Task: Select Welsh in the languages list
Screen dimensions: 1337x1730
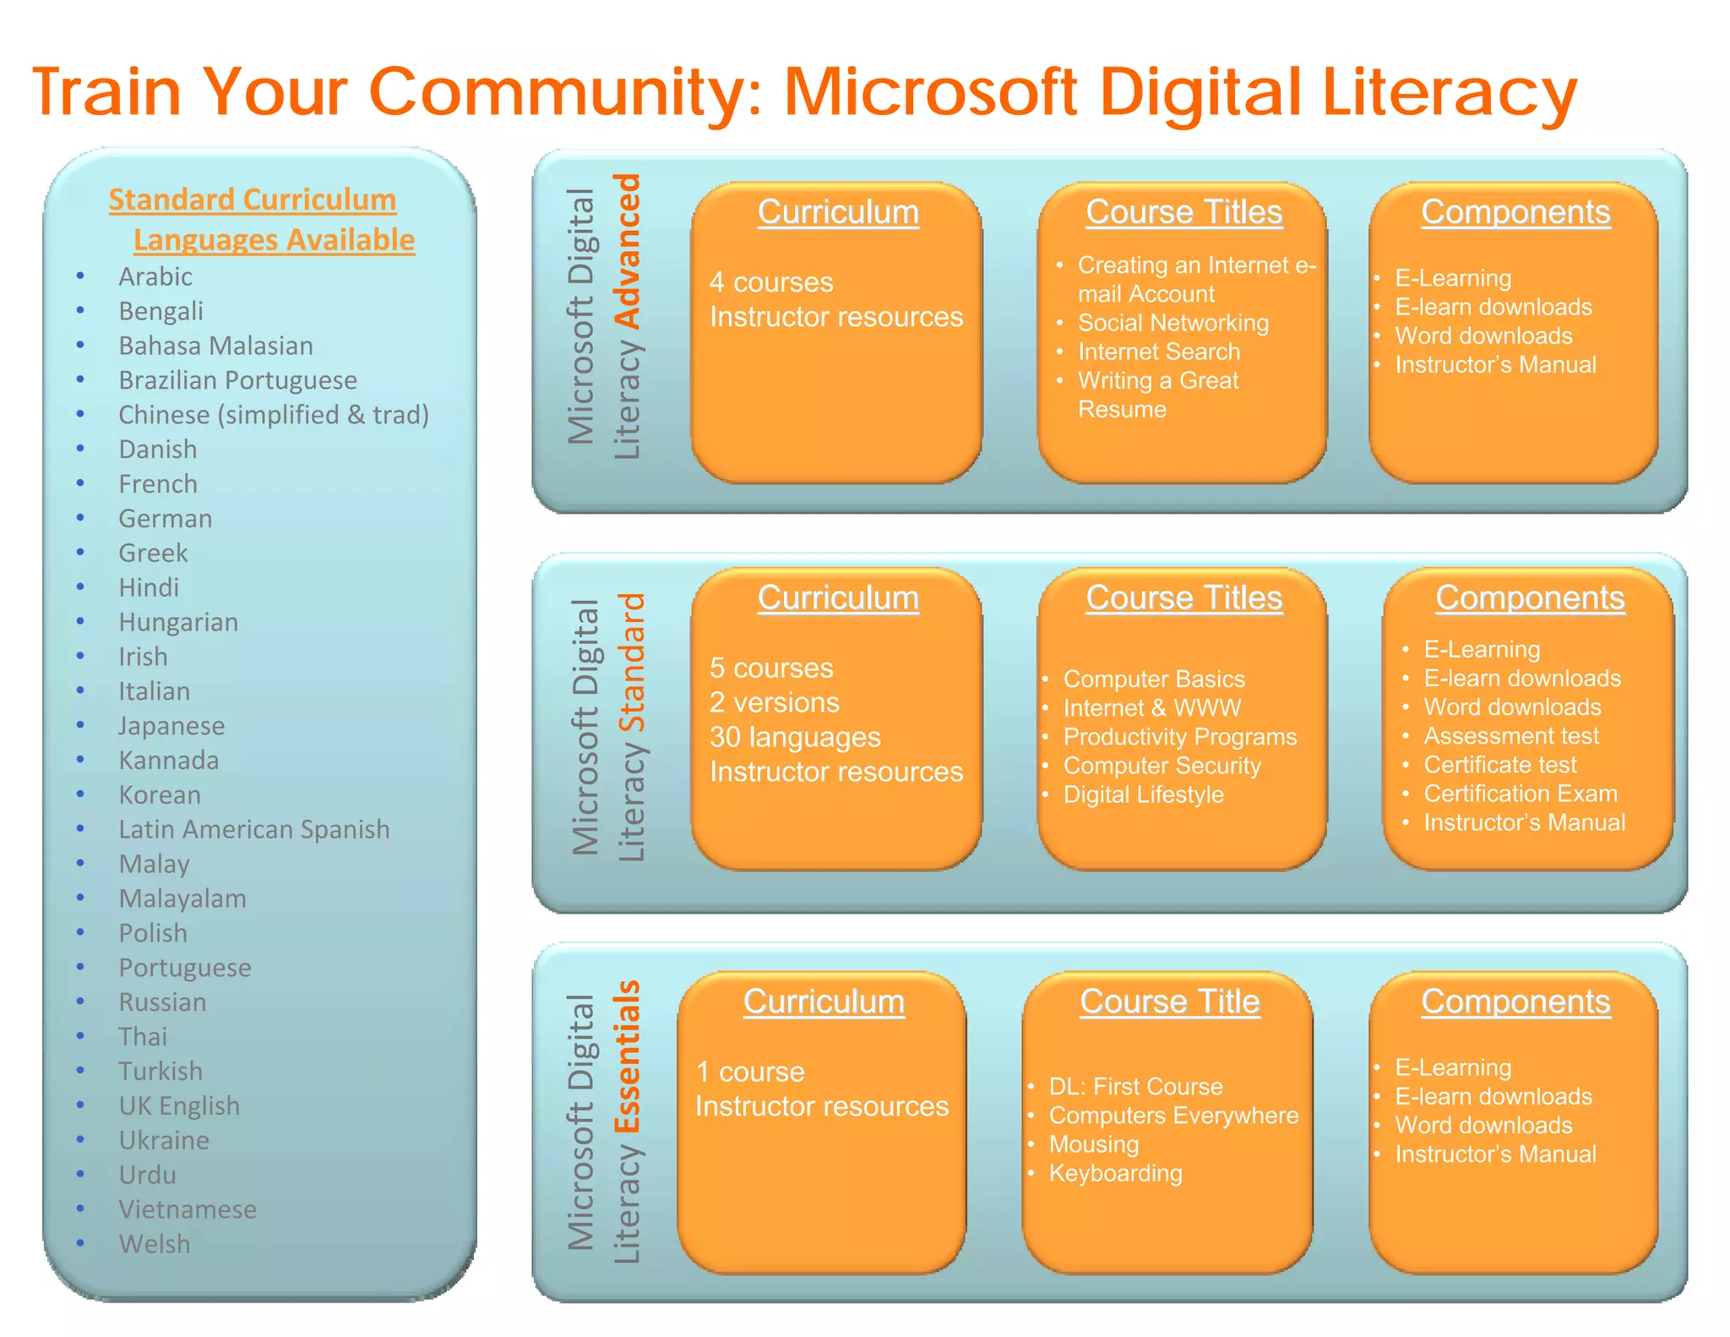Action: [x=155, y=1244]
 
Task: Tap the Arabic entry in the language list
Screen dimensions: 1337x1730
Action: [x=155, y=276]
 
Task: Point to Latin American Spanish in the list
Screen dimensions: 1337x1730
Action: [x=253, y=829]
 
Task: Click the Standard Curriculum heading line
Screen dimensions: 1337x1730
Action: [x=253, y=199]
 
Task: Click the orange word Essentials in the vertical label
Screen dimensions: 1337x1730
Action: [x=628, y=1056]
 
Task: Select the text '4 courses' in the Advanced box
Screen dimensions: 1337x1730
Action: [x=771, y=281]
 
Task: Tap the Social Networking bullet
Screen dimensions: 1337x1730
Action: [x=1172, y=323]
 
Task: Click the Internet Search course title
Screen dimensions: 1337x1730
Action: [x=1159, y=352]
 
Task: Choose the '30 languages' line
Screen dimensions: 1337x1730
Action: [x=795, y=737]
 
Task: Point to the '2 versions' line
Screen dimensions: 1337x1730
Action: [x=775, y=702]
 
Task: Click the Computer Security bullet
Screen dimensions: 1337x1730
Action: [x=1161, y=766]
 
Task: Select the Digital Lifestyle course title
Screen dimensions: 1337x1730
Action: [x=1143, y=794]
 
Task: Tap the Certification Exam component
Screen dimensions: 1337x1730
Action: [x=1521, y=794]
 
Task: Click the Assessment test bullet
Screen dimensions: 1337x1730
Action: [x=1511, y=736]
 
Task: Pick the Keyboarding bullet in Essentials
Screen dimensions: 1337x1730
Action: [x=1115, y=1173]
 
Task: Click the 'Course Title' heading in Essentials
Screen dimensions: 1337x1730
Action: [x=1170, y=1001]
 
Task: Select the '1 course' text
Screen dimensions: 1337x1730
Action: [x=750, y=1072]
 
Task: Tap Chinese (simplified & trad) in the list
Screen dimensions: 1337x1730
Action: [x=274, y=415]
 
